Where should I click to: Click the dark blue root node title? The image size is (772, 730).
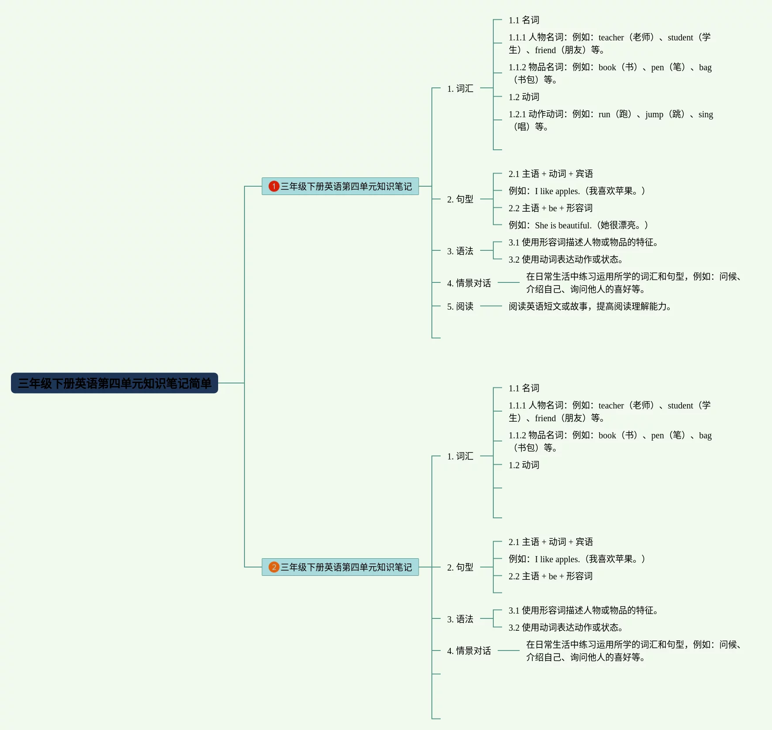tap(114, 383)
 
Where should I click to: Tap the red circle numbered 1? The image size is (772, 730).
tap(274, 186)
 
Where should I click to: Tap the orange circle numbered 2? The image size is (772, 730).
tap(274, 567)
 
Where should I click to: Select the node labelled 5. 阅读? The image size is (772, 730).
tap(460, 306)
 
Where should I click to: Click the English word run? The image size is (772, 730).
tap(604, 115)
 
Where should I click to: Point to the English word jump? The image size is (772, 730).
tap(654, 115)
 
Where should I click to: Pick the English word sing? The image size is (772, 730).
tap(705, 115)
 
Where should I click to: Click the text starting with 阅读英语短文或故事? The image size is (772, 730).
tap(589, 306)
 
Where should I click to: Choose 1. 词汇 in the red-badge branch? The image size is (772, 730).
tap(460, 88)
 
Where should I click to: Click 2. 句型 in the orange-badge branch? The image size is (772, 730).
tap(460, 567)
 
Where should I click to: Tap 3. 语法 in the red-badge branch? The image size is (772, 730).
tap(460, 251)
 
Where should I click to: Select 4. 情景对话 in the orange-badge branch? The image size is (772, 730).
tap(469, 650)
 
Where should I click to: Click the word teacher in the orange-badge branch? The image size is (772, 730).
tap(611, 405)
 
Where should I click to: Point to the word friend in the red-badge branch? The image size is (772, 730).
tap(545, 50)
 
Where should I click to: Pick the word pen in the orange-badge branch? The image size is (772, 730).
tap(657, 435)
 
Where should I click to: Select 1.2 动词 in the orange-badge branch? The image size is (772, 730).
tap(524, 465)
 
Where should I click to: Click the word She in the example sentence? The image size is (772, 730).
tap(541, 225)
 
